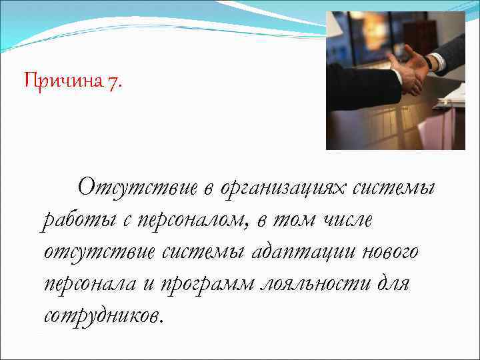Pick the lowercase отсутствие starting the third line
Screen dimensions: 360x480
click(x=99, y=252)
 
